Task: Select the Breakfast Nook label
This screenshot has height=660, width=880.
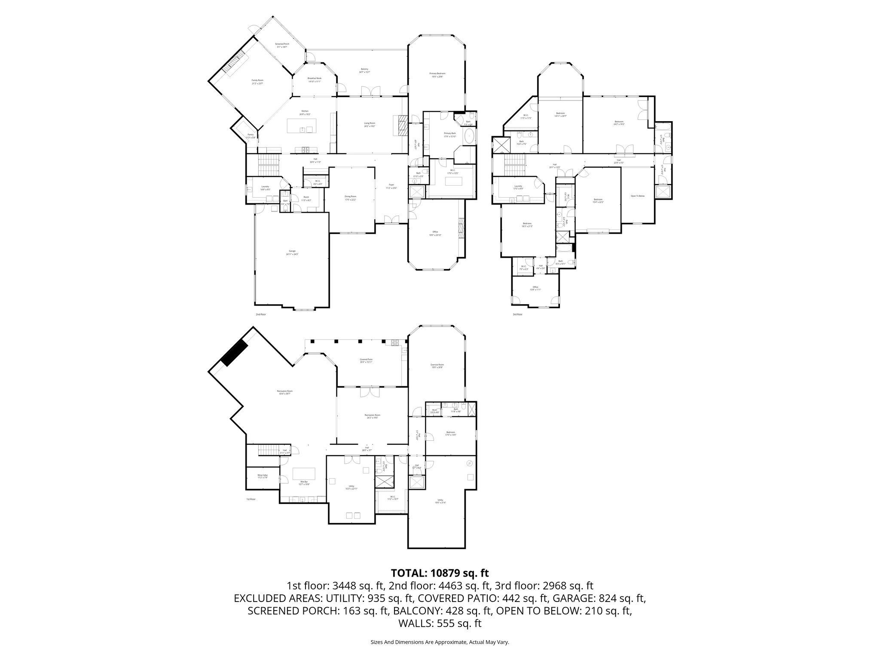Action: (314, 79)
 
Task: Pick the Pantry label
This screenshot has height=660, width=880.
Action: (250, 136)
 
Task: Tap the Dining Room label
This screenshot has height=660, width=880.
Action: (350, 198)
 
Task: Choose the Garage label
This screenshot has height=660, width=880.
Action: (292, 252)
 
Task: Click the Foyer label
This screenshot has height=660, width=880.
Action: (391, 186)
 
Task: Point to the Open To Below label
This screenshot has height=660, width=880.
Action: (638, 196)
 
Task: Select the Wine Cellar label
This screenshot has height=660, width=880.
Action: (263, 476)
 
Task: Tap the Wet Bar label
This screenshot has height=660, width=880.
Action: (304, 483)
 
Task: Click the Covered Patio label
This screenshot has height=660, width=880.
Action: (366, 361)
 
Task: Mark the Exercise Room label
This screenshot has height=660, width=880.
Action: (437, 366)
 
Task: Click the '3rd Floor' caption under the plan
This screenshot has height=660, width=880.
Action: (517, 315)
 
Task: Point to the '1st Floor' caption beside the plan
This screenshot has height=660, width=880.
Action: (251, 499)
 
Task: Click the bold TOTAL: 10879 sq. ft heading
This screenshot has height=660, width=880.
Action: (440, 573)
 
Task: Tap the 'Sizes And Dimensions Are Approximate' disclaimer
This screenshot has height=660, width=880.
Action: (440, 642)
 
